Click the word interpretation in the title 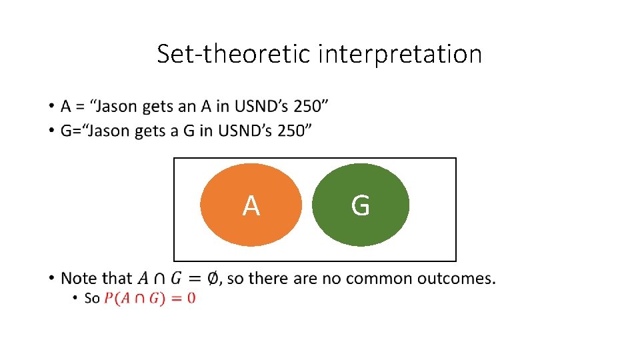click(400, 54)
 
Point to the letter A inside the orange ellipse click(251, 207)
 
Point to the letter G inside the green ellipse click(360, 206)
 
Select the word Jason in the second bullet click(111, 131)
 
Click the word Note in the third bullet click(79, 278)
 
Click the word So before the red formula click(92, 298)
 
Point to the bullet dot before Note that click(51, 277)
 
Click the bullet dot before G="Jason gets click(51, 131)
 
